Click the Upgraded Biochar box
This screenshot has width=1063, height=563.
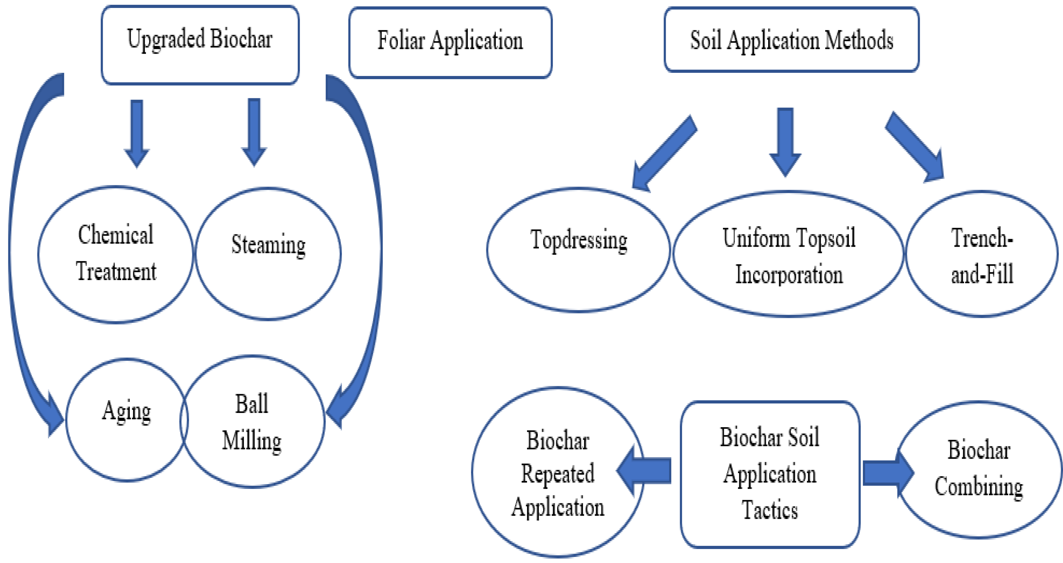point(200,45)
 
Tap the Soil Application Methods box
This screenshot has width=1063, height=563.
point(791,40)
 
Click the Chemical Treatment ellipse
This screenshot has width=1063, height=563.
point(115,254)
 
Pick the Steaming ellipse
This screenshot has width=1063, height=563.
point(268,254)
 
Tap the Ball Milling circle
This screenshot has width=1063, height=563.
point(253,422)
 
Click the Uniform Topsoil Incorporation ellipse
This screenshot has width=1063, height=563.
point(788,254)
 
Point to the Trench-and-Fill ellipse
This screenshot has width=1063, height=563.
point(982,254)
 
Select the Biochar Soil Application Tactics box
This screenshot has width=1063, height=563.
point(770,474)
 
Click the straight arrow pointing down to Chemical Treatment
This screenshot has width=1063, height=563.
point(136,132)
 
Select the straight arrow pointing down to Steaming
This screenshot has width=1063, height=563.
point(254,131)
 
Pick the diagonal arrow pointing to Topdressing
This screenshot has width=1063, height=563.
point(664,153)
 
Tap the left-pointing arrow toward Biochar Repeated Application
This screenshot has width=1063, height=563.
point(646,470)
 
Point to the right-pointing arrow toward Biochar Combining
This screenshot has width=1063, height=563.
point(887,473)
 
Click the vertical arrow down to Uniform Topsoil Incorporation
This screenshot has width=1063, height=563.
point(785,140)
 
